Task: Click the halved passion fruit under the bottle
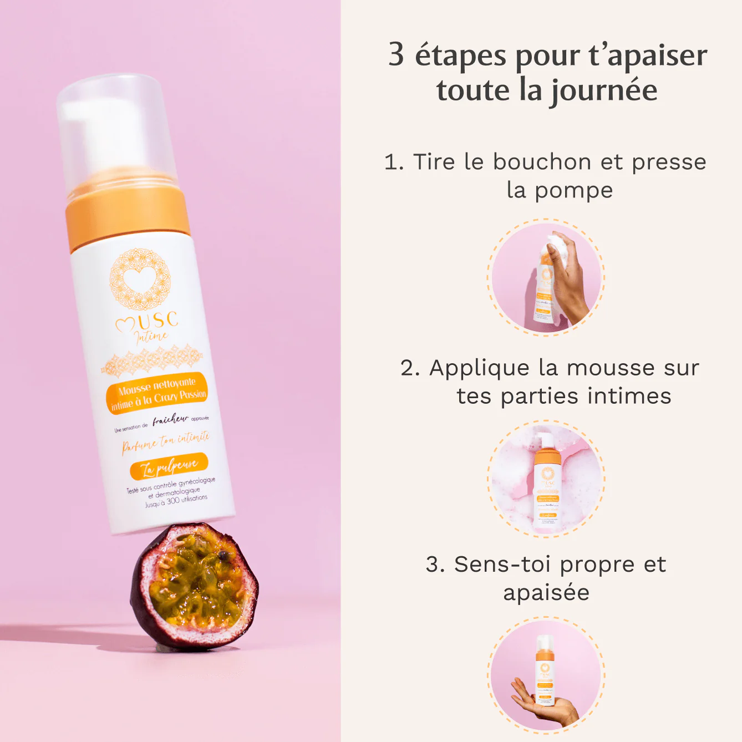[x=194, y=585]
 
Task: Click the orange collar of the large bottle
[x=128, y=219]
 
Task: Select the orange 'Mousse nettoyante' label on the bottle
[x=157, y=393]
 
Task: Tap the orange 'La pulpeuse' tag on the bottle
[x=169, y=467]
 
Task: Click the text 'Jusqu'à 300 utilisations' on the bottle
[x=176, y=501]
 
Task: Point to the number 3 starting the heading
[x=396, y=54]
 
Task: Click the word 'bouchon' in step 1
[x=542, y=162]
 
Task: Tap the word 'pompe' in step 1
[x=573, y=190]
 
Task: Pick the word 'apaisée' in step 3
[x=546, y=592]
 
